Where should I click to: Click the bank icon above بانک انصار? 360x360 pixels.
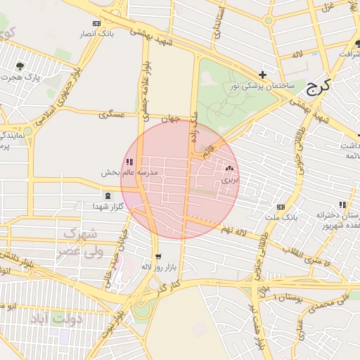[96, 23]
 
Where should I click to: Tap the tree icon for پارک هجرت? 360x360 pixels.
[19, 66]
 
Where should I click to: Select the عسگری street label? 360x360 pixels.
[112, 113]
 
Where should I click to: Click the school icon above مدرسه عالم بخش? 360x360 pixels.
[129, 162]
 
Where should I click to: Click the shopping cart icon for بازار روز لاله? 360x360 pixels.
[158, 257]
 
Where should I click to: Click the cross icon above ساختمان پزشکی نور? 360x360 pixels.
[262, 75]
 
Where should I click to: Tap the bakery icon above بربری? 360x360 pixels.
[230, 169]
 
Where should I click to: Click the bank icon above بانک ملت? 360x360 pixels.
[281, 207]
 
